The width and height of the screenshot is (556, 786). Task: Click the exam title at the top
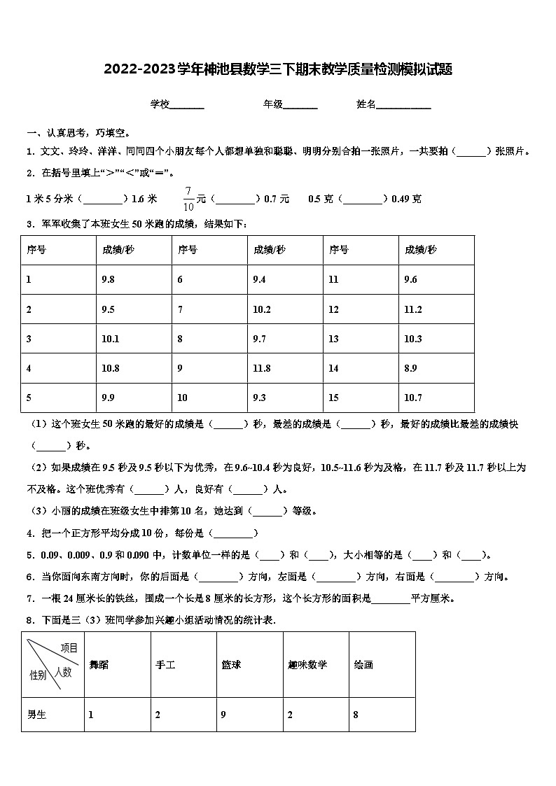278,69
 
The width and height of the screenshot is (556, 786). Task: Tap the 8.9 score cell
411,368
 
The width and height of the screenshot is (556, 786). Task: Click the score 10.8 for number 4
111,368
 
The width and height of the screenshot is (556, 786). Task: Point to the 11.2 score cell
413,309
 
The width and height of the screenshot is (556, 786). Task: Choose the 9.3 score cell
260,398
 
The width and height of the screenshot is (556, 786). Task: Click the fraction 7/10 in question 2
188,199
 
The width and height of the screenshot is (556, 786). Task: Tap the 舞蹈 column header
99,664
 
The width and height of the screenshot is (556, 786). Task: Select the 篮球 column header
231,664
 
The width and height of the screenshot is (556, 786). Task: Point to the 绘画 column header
363,664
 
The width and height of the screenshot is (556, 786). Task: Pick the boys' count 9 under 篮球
223,715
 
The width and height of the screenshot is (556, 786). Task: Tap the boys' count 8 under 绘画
356,715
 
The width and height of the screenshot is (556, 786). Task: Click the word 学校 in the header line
160,104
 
